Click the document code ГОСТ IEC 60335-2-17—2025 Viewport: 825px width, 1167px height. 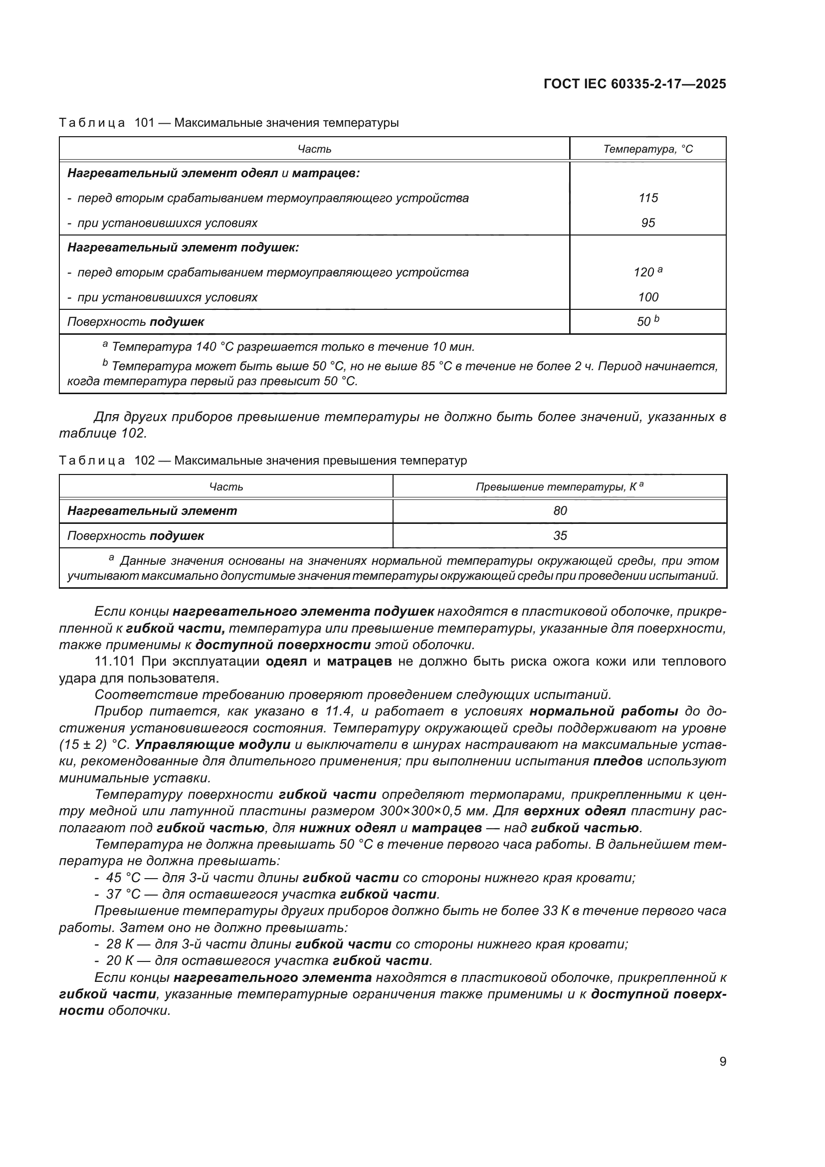[x=634, y=84]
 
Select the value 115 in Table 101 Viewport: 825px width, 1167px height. [x=648, y=198]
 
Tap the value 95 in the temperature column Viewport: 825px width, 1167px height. [x=648, y=223]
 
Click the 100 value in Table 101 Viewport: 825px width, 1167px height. [x=648, y=297]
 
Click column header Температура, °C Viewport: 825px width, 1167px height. [x=648, y=149]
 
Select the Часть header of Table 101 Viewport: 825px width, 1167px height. [x=314, y=149]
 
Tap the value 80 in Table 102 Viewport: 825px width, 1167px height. [x=560, y=511]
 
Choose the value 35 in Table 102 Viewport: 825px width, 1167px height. [x=560, y=536]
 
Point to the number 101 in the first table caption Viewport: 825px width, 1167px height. [x=144, y=123]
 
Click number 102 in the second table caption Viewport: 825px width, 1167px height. [x=144, y=461]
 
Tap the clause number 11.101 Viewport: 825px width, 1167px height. [x=115, y=661]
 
